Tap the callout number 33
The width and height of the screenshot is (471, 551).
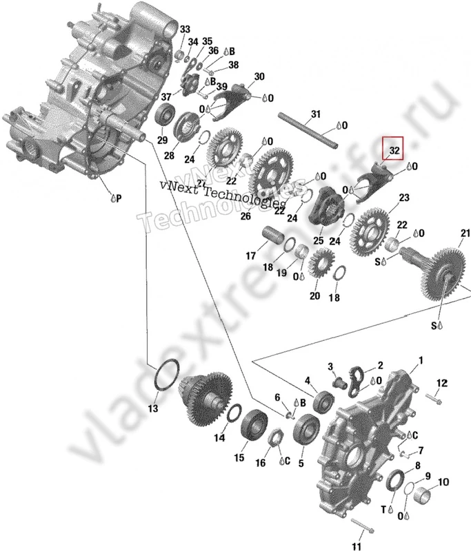(x=185, y=29)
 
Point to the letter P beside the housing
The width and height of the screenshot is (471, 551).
(x=118, y=198)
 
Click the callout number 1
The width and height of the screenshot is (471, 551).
(x=421, y=361)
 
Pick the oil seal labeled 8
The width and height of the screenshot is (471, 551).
(x=397, y=480)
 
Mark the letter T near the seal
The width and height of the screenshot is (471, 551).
(x=384, y=510)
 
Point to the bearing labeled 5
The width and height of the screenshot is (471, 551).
(x=303, y=434)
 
